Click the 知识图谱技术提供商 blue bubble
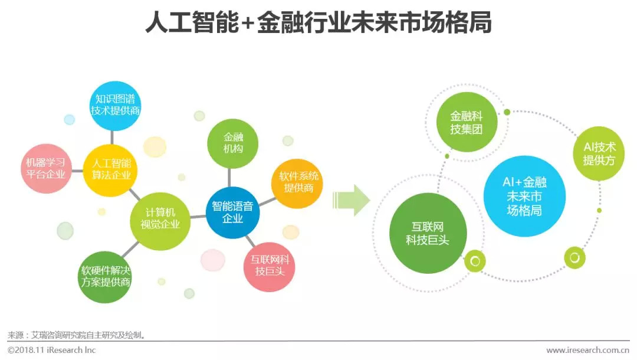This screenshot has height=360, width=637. (114, 106)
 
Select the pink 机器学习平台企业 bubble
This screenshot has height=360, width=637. (46, 169)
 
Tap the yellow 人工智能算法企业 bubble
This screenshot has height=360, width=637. (110, 170)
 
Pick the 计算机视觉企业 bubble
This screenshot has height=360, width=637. (160, 221)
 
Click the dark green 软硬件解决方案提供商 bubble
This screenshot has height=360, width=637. (105, 277)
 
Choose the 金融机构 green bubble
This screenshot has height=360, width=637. (232, 143)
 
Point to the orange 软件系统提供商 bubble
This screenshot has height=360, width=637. (297, 184)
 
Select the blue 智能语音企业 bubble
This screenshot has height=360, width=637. (232, 212)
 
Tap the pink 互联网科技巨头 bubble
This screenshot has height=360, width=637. (270, 267)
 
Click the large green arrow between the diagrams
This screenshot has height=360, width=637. (352, 200)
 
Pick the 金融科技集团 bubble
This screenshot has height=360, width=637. (467, 122)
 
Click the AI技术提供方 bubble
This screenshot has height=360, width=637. (599, 153)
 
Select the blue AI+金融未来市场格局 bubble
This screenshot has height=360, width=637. (524, 197)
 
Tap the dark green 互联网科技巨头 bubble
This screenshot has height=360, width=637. (428, 233)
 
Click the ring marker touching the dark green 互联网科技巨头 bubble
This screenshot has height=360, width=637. (475, 261)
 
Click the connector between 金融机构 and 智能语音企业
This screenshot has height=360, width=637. (230, 178)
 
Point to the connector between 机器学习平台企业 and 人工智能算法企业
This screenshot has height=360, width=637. (77, 171)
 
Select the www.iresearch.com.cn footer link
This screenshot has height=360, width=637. (587, 350)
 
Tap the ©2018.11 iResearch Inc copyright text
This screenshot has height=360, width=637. (51, 350)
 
